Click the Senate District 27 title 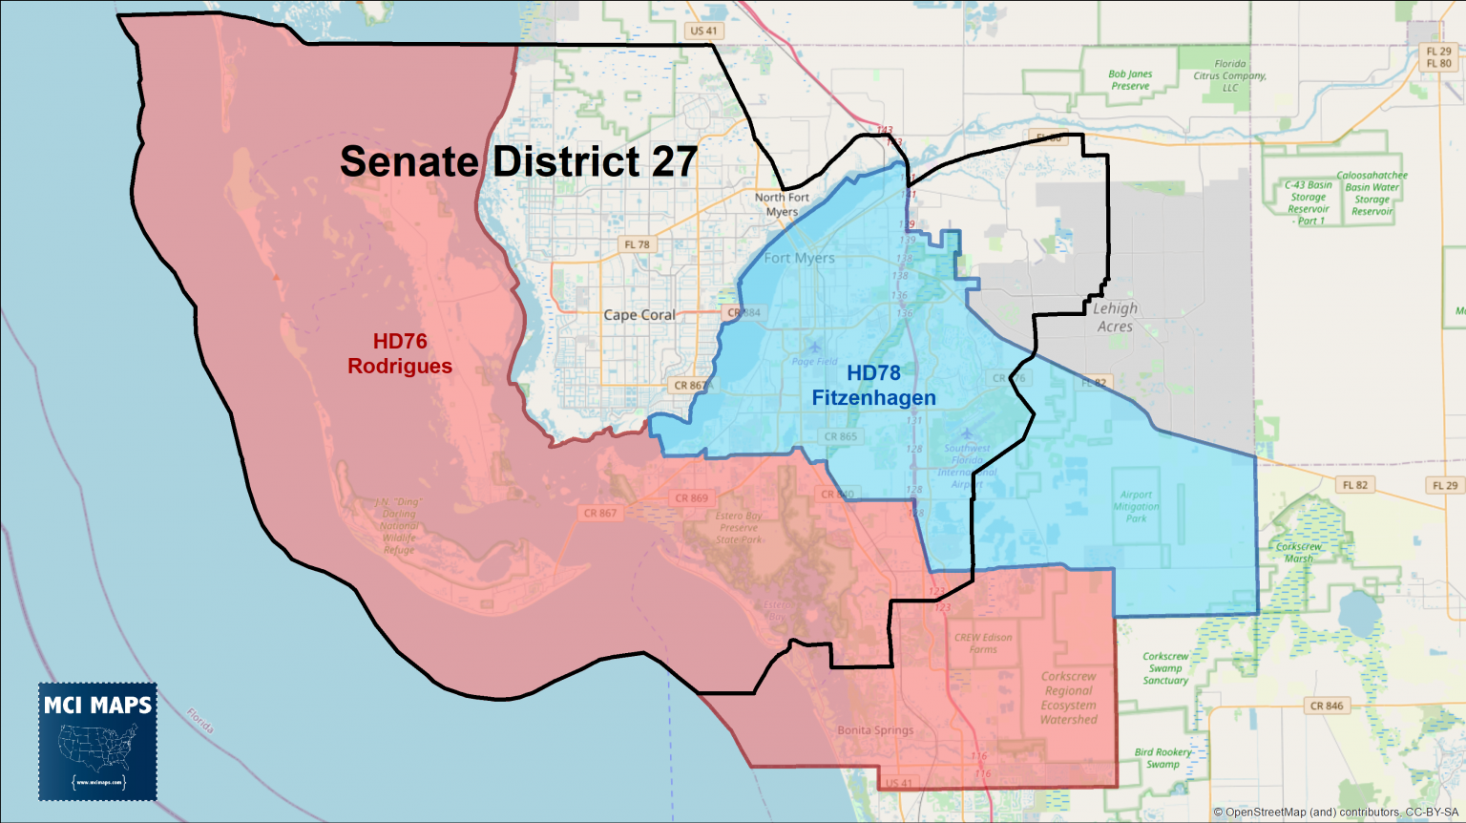coord(518,161)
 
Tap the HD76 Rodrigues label coord(400,353)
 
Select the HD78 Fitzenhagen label coord(873,385)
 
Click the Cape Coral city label coord(639,314)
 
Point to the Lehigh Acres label coord(1115,317)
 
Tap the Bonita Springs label coord(875,730)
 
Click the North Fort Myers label coord(782,204)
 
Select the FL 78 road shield coord(637,244)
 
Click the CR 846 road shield coord(1326,706)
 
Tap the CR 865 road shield coord(840,436)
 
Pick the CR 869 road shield coord(691,497)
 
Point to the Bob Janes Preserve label coord(1130,79)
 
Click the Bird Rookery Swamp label coord(1162,758)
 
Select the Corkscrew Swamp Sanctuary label coord(1165,668)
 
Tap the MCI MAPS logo coord(98,741)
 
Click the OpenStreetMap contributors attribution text coord(1335,812)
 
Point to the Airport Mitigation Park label coord(1136,506)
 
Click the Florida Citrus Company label coord(1230,75)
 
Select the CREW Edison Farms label coord(983,643)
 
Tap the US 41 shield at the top coord(703,31)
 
